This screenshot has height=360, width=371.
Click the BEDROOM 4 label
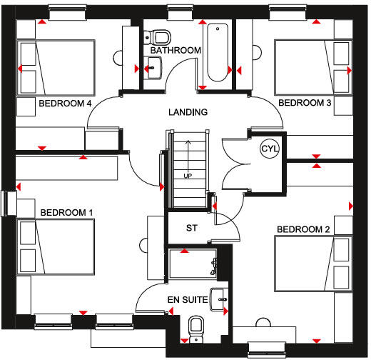point(65,104)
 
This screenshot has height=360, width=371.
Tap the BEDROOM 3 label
point(305,103)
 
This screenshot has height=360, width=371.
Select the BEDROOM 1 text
point(66,213)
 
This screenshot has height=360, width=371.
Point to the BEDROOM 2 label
point(303,229)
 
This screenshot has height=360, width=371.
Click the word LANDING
point(188,112)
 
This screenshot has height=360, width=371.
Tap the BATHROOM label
point(176,51)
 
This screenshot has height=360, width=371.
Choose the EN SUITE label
point(188,300)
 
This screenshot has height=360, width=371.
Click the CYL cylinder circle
point(270,149)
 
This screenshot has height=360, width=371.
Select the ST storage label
point(192,228)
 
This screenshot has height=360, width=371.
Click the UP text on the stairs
point(188,176)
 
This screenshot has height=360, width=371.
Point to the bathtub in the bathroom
point(218,52)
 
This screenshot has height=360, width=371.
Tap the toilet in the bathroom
point(158,37)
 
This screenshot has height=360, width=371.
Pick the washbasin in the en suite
point(219,299)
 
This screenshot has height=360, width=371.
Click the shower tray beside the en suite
point(193,264)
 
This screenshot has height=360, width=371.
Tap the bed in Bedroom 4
point(56,68)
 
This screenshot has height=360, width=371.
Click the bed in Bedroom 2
point(313,264)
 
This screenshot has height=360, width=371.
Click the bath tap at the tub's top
point(218,29)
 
